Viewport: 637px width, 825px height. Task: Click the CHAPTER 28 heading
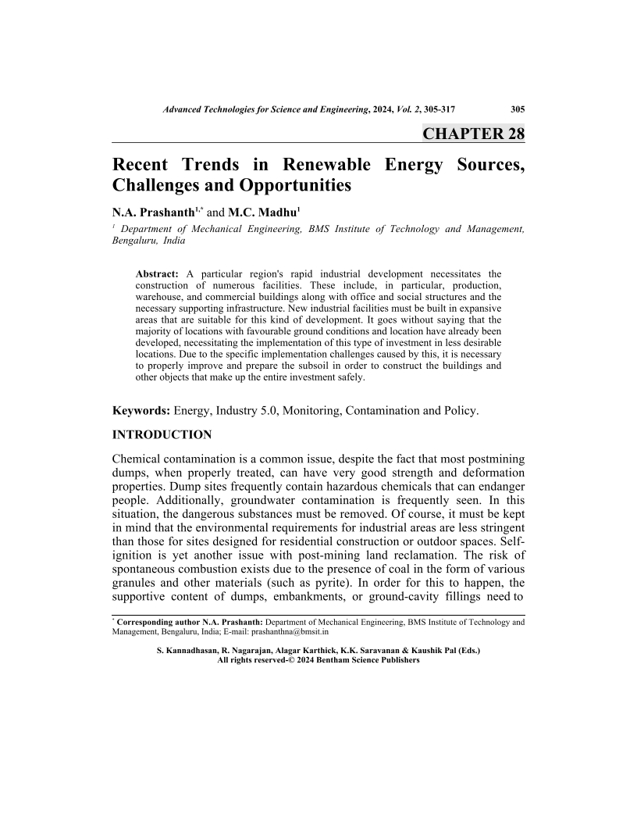tap(473, 133)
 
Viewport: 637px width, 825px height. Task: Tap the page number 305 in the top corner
tap(517, 109)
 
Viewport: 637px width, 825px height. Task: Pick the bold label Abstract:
tap(158, 274)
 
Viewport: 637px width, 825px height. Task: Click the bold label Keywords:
tap(141, 409)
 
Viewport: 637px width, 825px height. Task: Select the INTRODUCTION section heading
tap(162, 434)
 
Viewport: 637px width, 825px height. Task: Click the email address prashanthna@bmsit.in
tap(294, 631)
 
